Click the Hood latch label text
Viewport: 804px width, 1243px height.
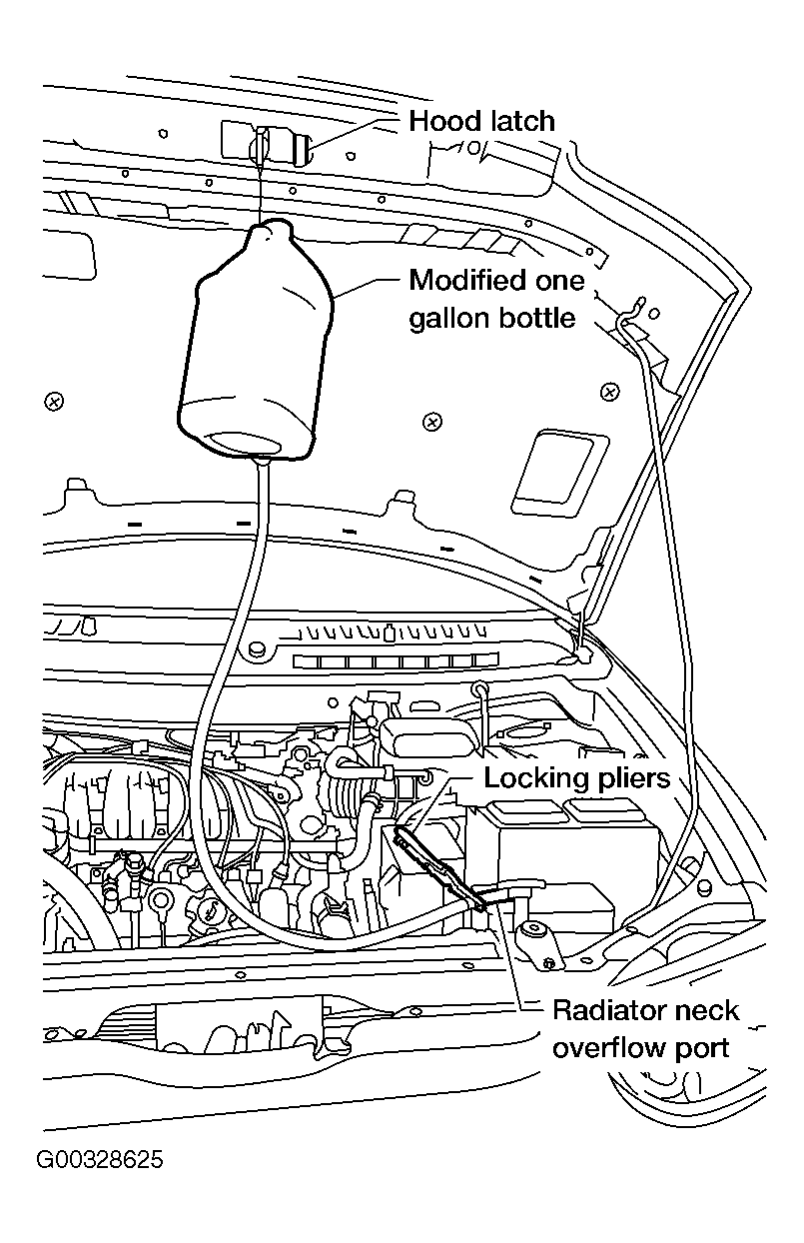click(x=481, y=122)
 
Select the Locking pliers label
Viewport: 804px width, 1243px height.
click(x=577, y=777)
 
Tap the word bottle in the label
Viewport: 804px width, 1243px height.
click(x=539, y=318)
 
